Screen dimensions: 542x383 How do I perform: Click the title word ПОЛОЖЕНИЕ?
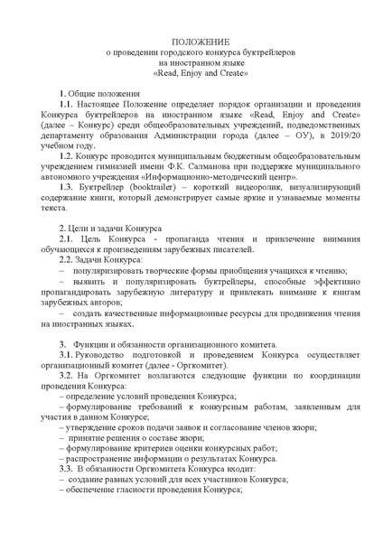[191, 42]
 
